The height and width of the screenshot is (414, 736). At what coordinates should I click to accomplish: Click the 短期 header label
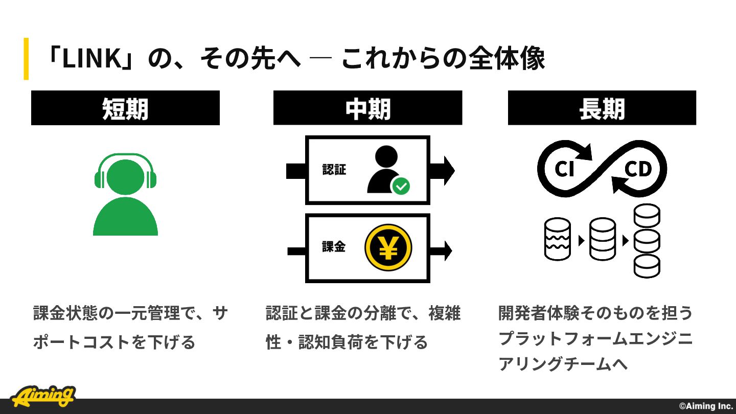click(x=125, y=109)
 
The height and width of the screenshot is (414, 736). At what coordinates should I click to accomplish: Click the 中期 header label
click(x=368, y=109)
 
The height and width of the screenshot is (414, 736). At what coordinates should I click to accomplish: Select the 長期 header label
click(x=602, y=109)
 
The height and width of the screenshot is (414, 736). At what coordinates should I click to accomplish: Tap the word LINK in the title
click(x=91, y=59)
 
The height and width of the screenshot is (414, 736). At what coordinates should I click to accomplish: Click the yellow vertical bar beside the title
click(x=26, y=59)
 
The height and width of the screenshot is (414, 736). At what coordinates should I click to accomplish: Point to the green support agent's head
click(x=125, y=177)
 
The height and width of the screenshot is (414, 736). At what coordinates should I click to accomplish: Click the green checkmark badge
click(x=401, y=186)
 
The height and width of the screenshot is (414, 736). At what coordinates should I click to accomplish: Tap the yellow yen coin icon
click(x=388, y=247)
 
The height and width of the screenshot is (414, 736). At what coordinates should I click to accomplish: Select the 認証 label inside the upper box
click(x=334, y=170)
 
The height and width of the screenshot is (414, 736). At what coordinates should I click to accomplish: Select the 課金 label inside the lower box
click(x=333, y=247)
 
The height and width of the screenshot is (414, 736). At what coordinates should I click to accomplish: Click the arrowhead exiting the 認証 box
click(x=449, y=171)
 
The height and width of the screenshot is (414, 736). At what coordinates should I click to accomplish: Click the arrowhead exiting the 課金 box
click(x=448, y=251)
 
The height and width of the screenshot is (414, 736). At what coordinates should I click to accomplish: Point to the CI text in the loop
click(x=564, y=169)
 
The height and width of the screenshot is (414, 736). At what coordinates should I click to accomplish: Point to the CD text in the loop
click(x=638, y=169)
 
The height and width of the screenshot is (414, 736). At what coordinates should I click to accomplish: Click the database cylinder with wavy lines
click(x=557, y=239)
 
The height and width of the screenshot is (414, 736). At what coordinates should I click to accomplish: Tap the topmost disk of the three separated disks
click(x=647, y=216)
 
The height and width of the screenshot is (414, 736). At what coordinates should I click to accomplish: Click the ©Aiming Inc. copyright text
click(x=706, y=406)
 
